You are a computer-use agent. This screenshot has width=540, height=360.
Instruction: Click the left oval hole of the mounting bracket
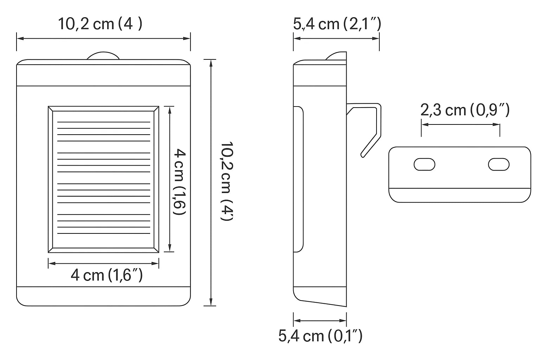(x=424, y=164)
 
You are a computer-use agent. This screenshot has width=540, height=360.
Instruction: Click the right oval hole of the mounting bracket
(x=499, y=164)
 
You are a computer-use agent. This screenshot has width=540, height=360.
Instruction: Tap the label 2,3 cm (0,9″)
(x=465, y=110)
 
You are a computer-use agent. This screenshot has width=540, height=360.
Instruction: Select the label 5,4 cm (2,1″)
(x=337, y=24)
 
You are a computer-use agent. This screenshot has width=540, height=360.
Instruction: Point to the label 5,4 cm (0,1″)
(x=320, y=336)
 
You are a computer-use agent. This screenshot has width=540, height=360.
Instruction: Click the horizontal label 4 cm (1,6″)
(x=107, y=275)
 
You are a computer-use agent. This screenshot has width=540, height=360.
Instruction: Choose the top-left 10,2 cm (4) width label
(x=100, y=24)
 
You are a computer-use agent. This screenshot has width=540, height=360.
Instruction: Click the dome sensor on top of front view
(x=103, y=56)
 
